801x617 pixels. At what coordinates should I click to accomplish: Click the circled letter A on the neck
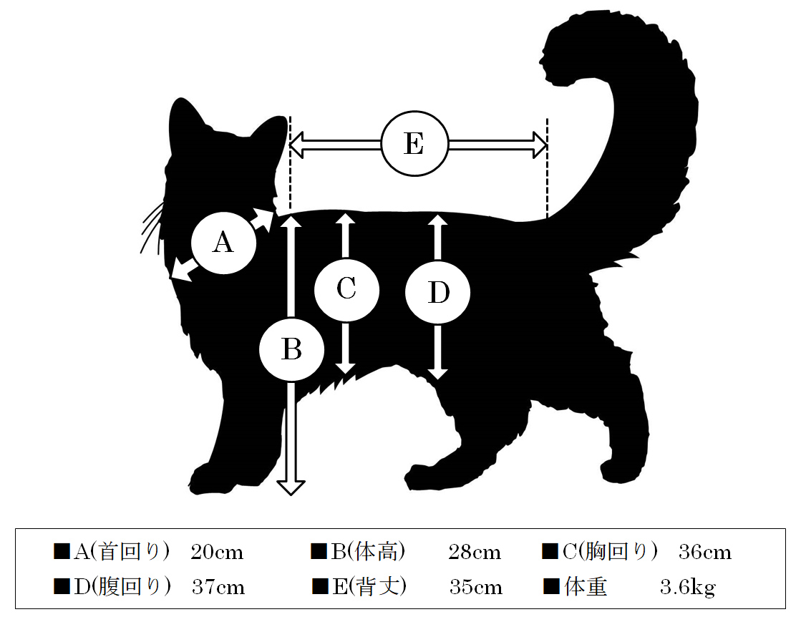tap(223, 243)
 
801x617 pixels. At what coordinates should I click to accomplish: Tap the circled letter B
tap(291, 350)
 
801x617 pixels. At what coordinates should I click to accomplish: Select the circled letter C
tap(346, 290)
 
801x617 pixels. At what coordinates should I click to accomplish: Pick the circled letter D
tap(438, 293)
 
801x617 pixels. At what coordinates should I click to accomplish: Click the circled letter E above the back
tap(414, 144)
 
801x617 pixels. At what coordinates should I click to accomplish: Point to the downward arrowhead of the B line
tap(291, 487)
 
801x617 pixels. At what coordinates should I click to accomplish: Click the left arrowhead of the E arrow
tap(297, 145)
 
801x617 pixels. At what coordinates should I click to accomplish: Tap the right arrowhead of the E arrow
tap(540, 145)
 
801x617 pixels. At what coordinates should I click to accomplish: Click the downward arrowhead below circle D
tap(438, 374)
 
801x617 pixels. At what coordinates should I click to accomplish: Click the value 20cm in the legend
tap(217, 552)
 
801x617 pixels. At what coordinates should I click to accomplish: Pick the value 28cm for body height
tap(475, 552)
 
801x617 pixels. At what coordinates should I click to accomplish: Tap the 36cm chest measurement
tap(705, 552)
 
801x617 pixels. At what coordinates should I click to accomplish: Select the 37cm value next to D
tap(218, 588)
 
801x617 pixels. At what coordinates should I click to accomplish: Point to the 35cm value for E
tap(475, 588)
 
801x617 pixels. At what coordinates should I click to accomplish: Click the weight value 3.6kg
tap(688, 588)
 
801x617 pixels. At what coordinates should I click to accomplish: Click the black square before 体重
tap(551, 587)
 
